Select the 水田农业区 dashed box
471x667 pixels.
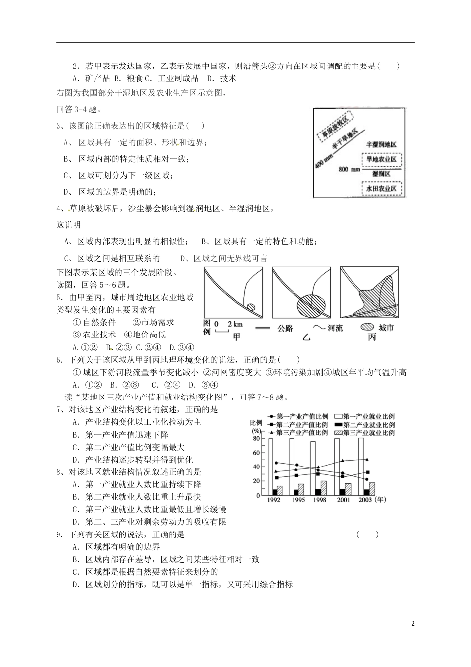coord(381,189)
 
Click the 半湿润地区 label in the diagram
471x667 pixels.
coord(381,144)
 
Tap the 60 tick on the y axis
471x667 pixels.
coord(256,453)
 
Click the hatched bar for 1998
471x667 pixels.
coord(323,488)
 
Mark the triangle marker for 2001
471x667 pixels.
coord(343,461)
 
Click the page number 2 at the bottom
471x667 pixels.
coord(413,623)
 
